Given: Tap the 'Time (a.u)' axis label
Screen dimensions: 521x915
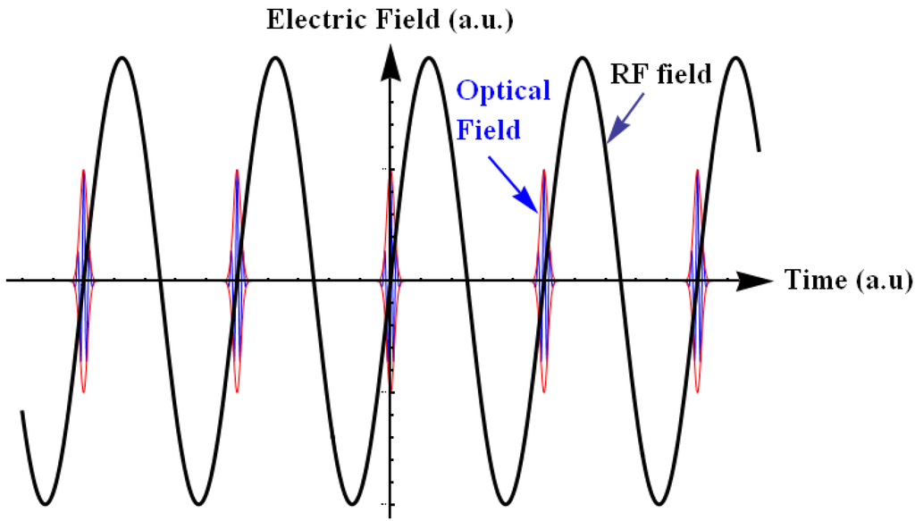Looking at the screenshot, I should click(x=848, y=281).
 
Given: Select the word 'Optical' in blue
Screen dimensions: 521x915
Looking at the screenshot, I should click(x=503, y=90).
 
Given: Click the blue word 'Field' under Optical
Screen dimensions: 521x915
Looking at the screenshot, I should click(x=489, y=130).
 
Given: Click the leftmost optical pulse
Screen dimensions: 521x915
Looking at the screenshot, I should click(x=83, y=280).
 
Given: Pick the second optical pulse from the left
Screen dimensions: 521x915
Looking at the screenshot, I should click(x=237, y=280).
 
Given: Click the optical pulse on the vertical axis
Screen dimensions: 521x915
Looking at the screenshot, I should click(x=390, y=280).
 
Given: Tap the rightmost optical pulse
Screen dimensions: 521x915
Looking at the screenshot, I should click(x=697, y=280).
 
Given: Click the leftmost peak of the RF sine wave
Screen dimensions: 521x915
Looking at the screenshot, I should click(x=122, y=59).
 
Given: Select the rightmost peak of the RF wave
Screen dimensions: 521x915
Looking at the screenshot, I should click(x=735, y=59).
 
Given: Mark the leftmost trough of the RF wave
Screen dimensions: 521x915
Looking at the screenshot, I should click(x=46, y=501).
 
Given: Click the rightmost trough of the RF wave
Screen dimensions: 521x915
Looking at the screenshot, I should click(x=659, y=501).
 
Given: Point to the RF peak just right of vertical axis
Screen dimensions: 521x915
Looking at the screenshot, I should click(x=429, y=59).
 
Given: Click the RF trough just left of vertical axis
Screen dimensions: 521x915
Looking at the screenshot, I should click(x=352, y=501).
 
